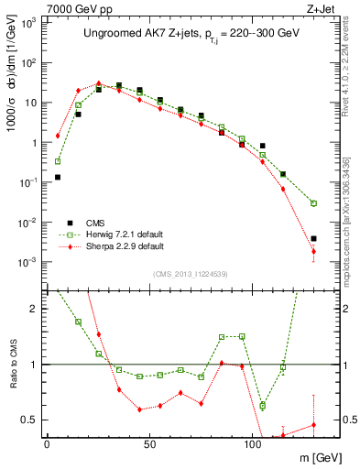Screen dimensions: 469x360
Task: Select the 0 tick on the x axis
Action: [x=47, y=442]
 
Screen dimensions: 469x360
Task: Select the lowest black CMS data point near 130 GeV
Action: [x=313, y=239]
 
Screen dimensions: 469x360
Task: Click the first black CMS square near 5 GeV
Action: [x=58, y=177]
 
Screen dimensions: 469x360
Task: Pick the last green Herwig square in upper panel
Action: [x=313, y=203]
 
